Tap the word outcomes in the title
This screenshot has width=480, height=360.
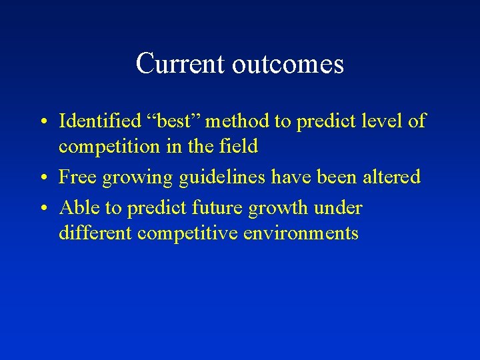(288, 65)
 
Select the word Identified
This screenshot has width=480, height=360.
(101, 121)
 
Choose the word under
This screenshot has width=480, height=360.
(337, 208)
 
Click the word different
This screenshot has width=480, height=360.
(96, 233)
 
